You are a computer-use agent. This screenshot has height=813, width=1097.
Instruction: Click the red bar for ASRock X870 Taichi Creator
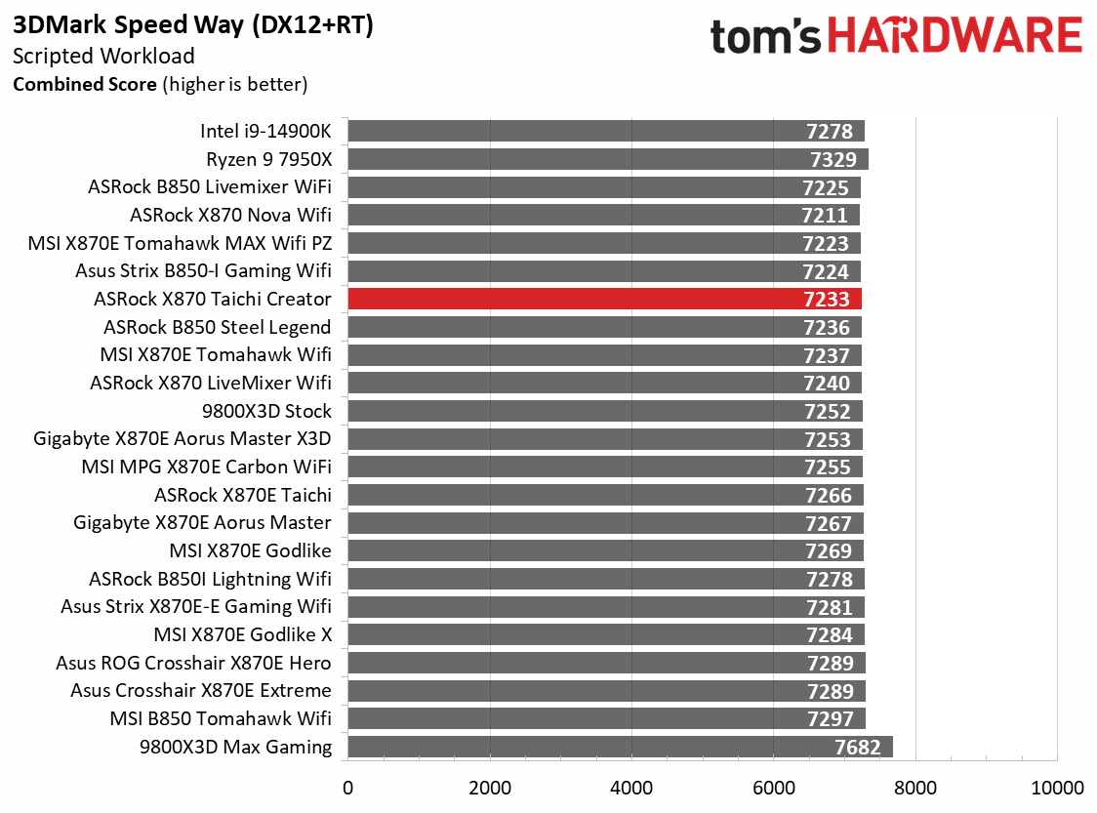pos(604,300)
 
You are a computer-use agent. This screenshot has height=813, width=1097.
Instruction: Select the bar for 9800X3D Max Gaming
pos(620,748)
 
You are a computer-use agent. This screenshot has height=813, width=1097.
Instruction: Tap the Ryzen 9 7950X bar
pos(607,159)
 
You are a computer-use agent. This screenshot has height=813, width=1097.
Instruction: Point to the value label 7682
pos(858,749)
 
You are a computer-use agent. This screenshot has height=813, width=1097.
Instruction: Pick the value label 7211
pos(825,216)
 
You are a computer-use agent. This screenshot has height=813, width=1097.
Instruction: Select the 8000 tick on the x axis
pos(915,788)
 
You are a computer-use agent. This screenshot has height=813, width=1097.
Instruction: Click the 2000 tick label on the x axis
pos(490,788)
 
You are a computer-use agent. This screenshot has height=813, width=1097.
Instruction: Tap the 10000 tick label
pos(1057,788)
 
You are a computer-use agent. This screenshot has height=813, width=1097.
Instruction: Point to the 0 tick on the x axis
pos(348,788)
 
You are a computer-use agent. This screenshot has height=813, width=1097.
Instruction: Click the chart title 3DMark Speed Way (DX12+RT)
pos(193,26)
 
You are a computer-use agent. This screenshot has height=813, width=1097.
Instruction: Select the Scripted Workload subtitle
pos(103,57)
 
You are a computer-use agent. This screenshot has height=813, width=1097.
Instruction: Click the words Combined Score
pos(84,85)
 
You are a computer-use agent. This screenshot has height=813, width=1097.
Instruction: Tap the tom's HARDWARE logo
pos(896,37)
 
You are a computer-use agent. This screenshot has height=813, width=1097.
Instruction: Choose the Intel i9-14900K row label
pos(265,131)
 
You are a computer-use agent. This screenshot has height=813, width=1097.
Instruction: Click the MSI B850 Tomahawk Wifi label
pos(221,719)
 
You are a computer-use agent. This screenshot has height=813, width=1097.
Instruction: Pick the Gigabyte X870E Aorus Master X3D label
pos(183,439)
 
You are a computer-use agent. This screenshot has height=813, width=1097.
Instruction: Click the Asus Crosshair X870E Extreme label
pos(201,691)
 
